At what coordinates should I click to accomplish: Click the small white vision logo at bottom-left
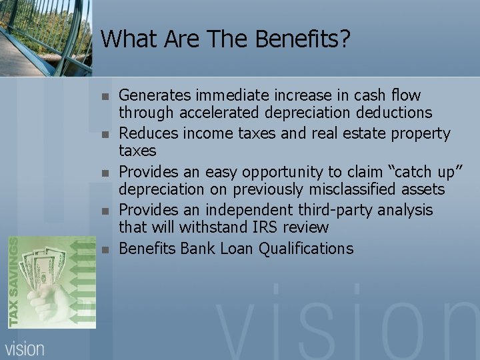tap(25, 347)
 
